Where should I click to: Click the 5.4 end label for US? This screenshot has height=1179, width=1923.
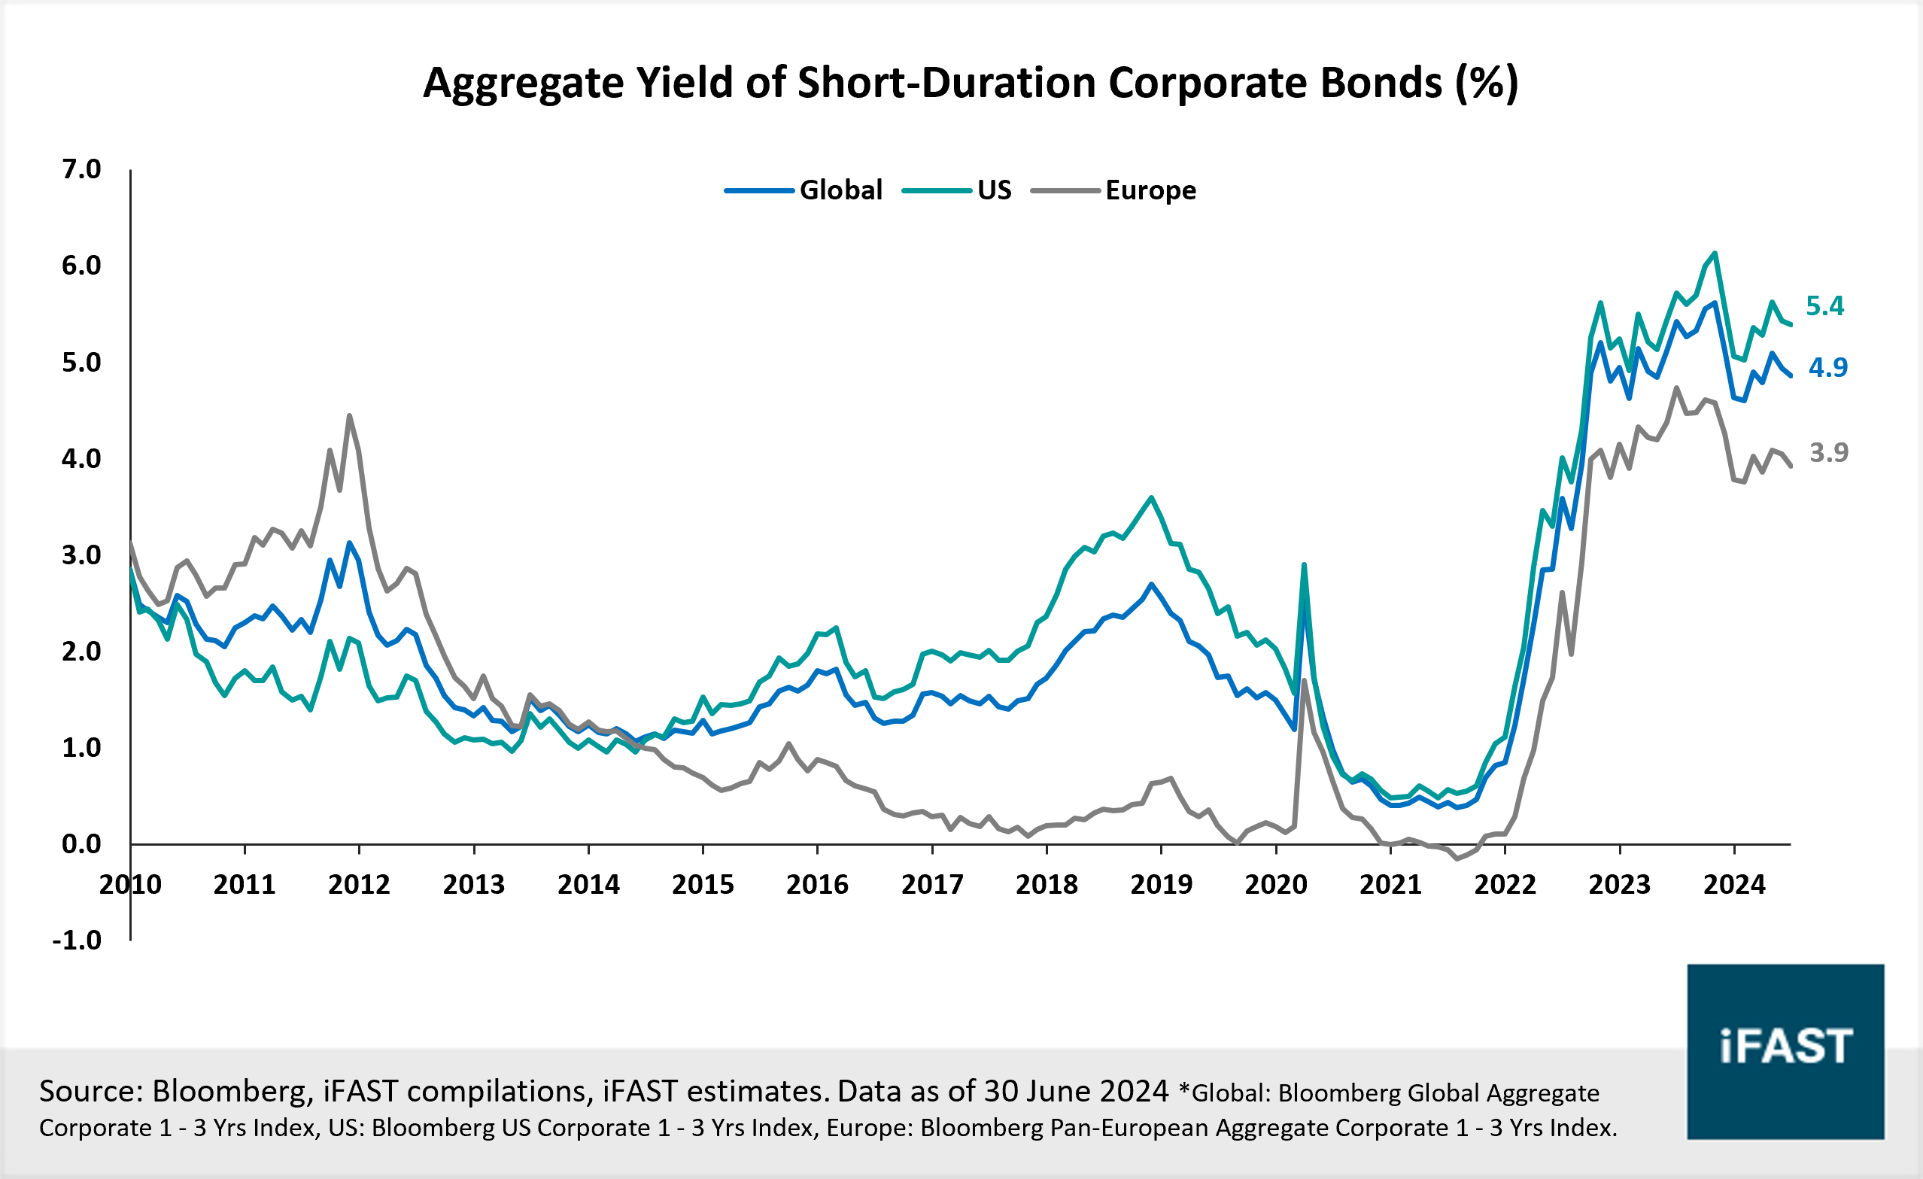pyautogui.click(x=1824, y=306)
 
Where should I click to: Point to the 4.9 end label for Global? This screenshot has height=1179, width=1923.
pyautogui.click(x=1827, y=366)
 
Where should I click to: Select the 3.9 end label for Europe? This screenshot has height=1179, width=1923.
pyautogui.click(x=1828, y=452)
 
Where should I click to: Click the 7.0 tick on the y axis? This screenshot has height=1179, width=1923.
pyautogui.click(x=81, y=169)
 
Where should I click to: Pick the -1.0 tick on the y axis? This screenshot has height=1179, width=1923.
pyautogui.click(x=77, y=940)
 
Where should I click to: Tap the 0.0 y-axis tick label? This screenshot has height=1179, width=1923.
pyautogui.click(x=81, y=844)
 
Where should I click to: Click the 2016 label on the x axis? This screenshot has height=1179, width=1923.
pyautogui.click(x=817, y=885)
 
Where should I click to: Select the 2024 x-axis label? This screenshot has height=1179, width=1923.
pyautogui.click(x=1734, y=885)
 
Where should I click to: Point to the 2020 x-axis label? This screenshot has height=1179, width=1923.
pyautogui.click(x=1275, y=885)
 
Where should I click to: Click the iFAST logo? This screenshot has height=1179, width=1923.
pyautogui.click(x=1785, y=1051)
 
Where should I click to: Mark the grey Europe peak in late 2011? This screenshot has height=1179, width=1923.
pyautogui.click(x=349, y=415)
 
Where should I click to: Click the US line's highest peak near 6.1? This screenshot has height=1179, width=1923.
pyautogui.click(x=1715, y=253)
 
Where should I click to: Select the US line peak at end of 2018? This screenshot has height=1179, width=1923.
pyautogui.click(x=1152, y=497)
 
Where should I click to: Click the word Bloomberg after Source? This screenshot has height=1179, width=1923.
pyautogui.click(x=231, y=1091)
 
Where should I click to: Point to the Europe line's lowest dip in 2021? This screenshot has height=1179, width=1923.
pyautogui.click(x=1457, y=859)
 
